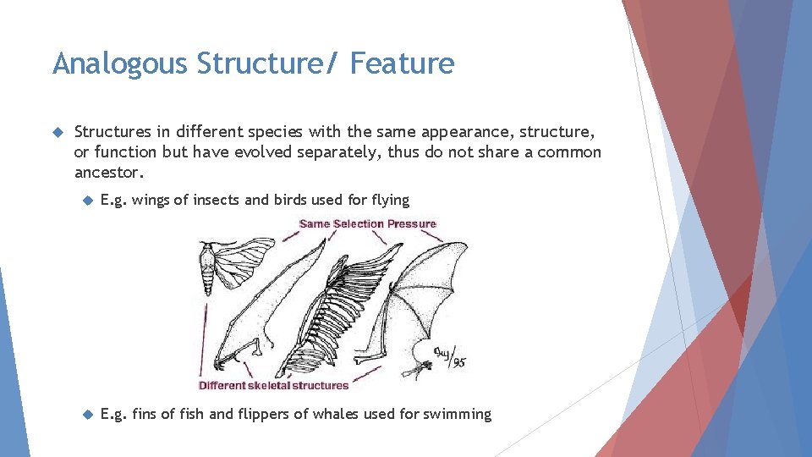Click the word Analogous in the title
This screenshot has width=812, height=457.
click(x=118, y=63)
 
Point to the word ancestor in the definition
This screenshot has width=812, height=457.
click(x=108, y=172)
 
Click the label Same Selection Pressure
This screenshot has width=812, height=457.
click(x=368, y=224)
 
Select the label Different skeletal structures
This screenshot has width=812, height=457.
click(x=273, y=386)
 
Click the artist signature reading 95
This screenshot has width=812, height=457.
click(x=448, y=355)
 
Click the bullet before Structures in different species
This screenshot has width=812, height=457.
click(x=58, y=132)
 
